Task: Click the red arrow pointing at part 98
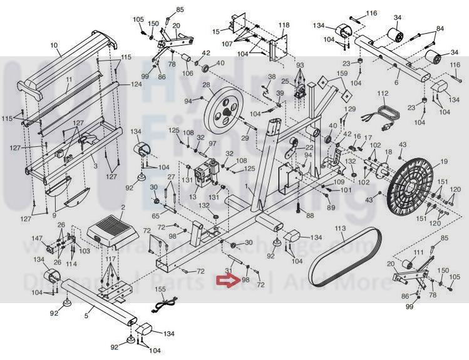coord(222,281)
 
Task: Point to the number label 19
coord(444,162)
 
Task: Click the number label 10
coord(54,45)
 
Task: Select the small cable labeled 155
coord(164,303)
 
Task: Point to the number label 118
coord(284,26)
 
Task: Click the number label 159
coord(341,74)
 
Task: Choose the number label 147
coord(38,239)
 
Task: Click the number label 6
coord(396,82)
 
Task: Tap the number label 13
coord(192,197)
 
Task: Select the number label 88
coord(309,215)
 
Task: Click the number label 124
coord(136,85)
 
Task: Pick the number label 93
coord(299,65)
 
